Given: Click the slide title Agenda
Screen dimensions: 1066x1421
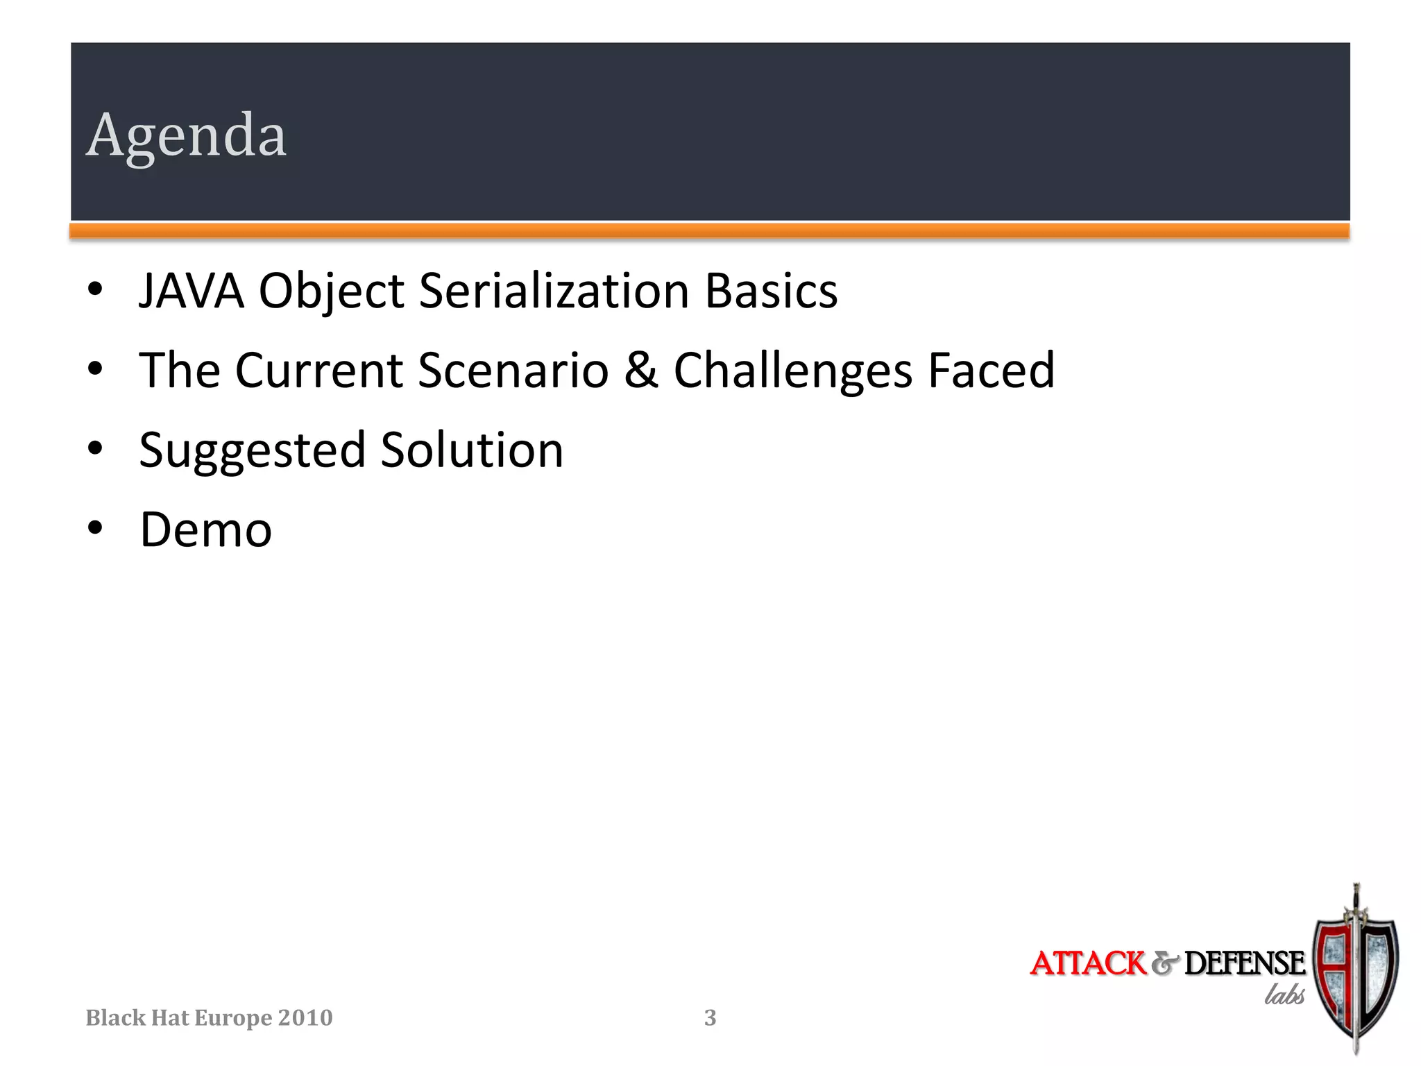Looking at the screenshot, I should click(186, 136).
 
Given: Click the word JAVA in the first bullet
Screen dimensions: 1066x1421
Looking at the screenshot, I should click(192, 291).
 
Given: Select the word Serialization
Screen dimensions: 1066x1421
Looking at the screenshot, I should click(554, 291).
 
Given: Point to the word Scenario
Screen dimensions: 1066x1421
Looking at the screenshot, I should click(513, 371).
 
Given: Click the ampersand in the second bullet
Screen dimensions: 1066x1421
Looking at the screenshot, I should click(640, 371).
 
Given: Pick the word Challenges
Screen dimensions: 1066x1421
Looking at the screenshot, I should click(793, 372).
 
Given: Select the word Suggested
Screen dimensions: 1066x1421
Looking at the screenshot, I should click(252, 452).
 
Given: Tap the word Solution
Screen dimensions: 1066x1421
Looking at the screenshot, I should click(472, 450).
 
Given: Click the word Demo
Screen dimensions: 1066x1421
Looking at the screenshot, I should click(206, 530).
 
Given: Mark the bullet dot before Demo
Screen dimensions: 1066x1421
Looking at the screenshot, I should click(96, 528).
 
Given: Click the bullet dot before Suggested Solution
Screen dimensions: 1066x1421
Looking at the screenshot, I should click(96, 448).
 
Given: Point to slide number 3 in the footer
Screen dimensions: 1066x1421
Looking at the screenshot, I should click(710, 1018).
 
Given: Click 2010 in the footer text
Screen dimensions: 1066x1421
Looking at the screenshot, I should click(305, 1018).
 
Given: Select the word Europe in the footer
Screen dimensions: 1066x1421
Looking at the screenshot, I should click(232, 1018).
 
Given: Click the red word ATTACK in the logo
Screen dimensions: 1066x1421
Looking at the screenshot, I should click(1087, 963).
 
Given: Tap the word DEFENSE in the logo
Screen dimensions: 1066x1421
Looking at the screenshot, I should click(1244, 963).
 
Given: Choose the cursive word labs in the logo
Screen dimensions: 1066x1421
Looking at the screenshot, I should click(1284, 995).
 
